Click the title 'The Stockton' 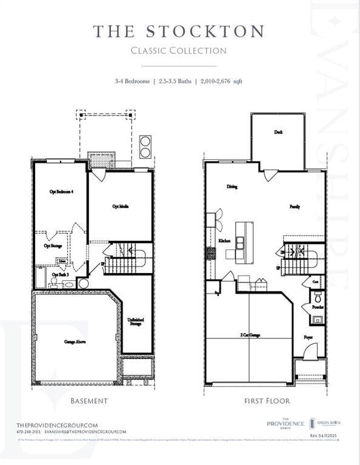pos(179,31)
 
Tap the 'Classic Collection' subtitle pos(179,51)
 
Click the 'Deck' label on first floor pos(278,131)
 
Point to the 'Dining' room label pos(232,187)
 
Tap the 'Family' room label pos(295,207)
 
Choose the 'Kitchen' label pos(225,241)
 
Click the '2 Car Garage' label pos(250,334)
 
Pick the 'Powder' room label pos(318,307)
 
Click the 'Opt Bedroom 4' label pos(61,192)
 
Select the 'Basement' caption pos(89,401)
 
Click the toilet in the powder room pos(317,296)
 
